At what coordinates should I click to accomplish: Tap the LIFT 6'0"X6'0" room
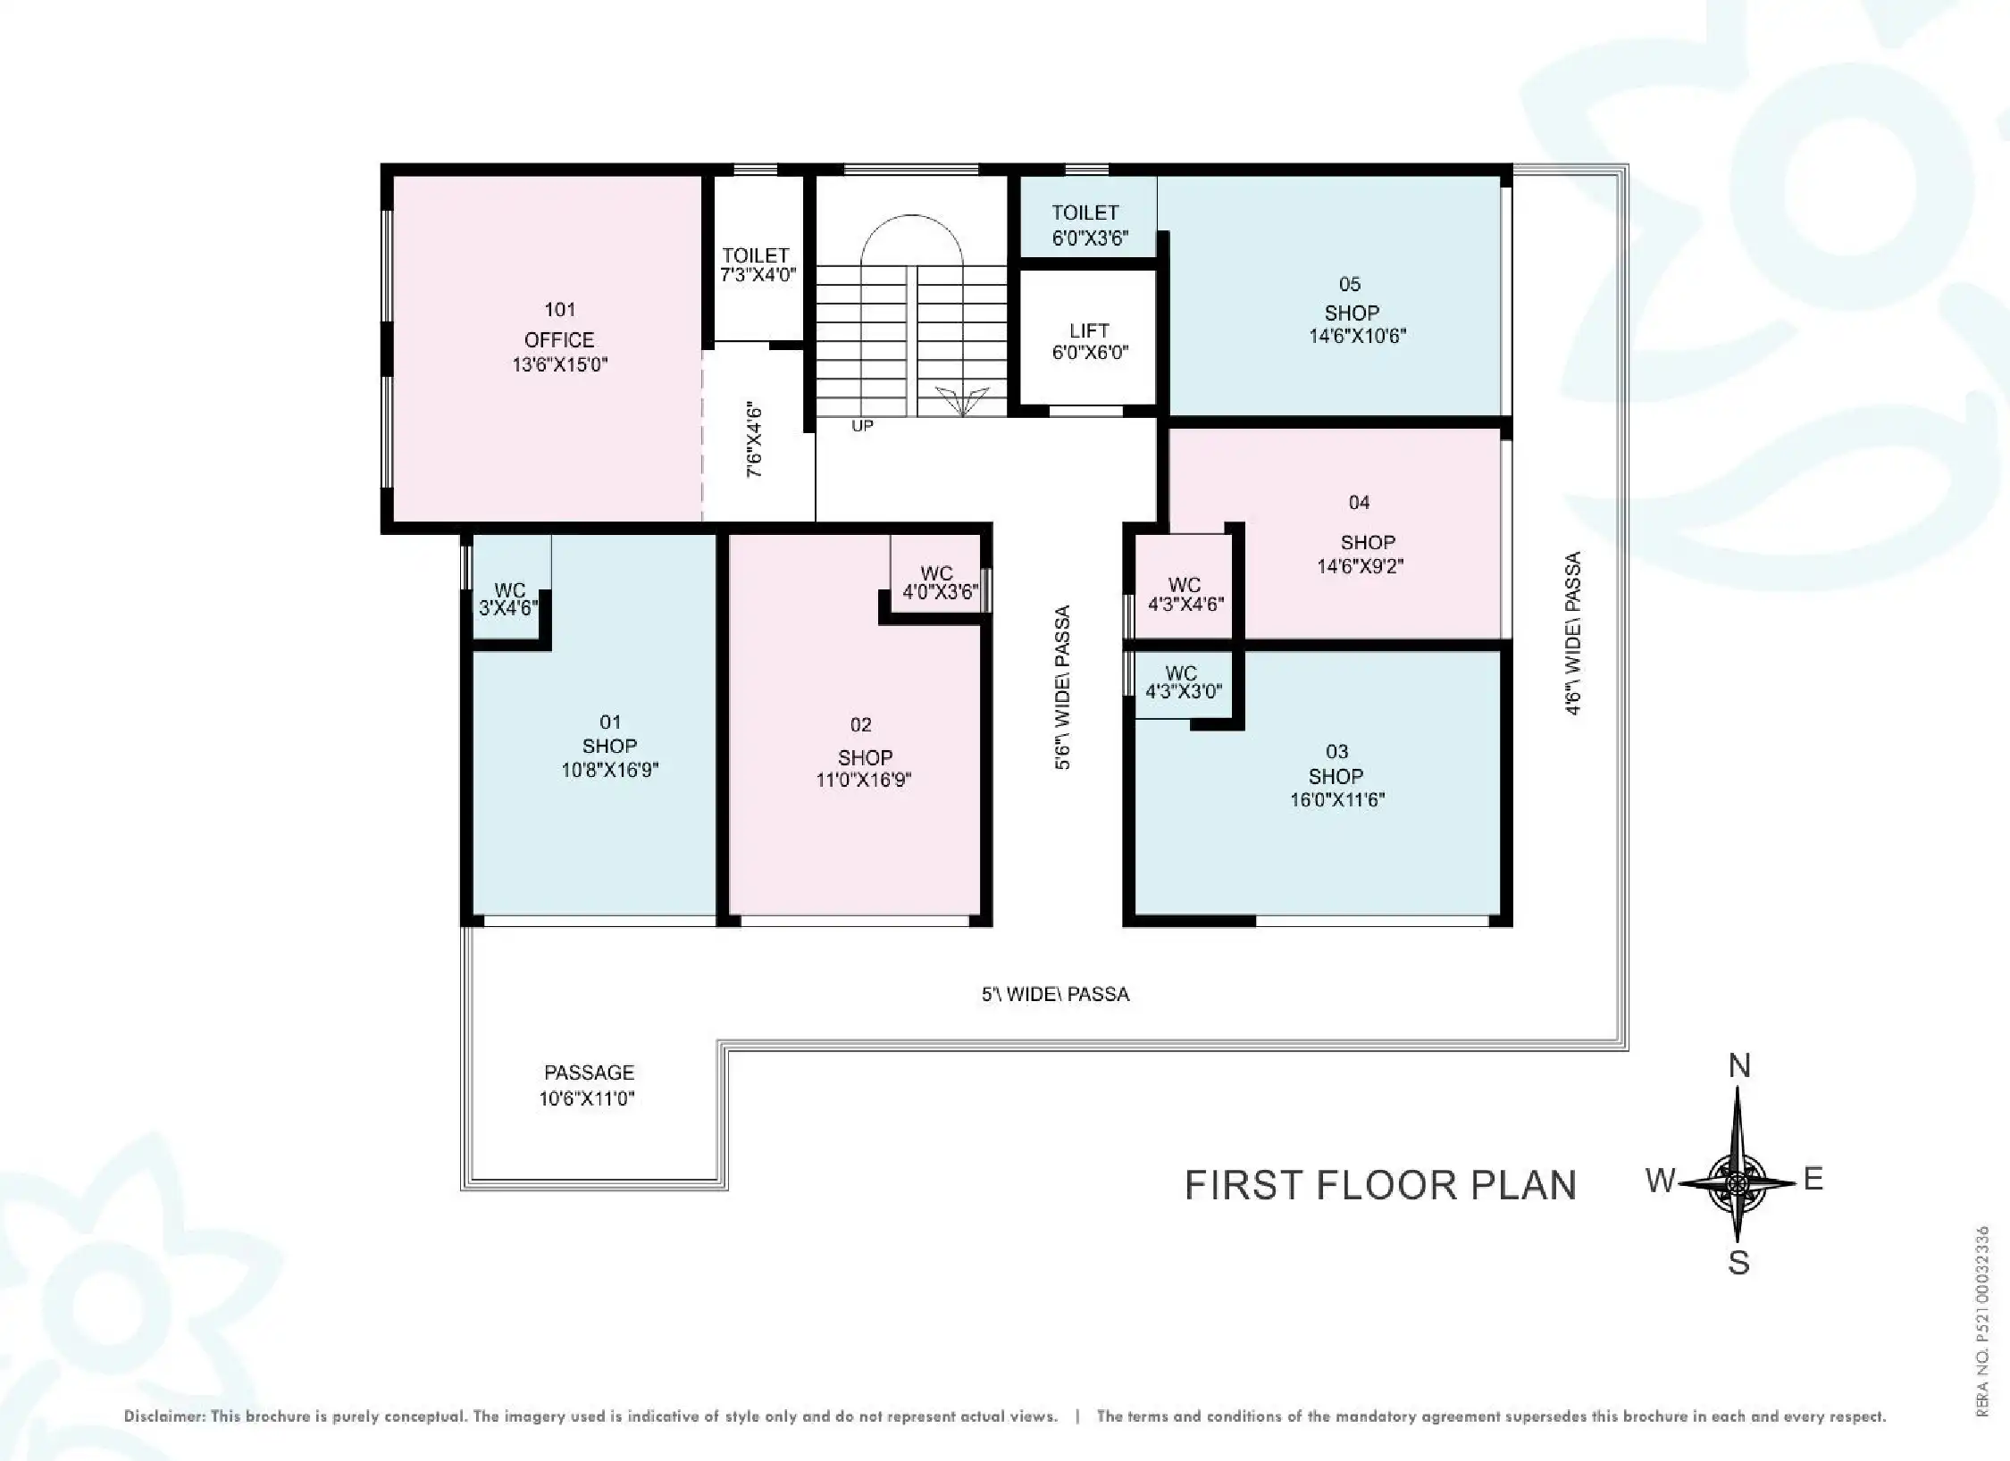[x=1089, y=341]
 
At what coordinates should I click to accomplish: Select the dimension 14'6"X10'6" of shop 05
[x=1358, y=337]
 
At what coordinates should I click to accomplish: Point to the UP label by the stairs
[x=862, y=426]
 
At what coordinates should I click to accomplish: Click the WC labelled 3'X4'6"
[x=509, y=599]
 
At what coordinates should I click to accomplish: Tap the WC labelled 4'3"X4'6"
[x=1185, y=594]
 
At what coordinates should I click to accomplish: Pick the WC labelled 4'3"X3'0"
[x=1183, y=682]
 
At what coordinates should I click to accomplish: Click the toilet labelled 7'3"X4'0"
[x=757, y=265]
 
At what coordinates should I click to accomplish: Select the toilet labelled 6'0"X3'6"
[x=1088, y=225]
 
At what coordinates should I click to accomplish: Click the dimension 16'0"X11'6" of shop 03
[x=1336, y=800]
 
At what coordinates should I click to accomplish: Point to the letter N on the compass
[x=1738, y=1065]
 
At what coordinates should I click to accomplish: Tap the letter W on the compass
[x=1660, y=1181]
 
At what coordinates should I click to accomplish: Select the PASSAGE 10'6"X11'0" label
[x=588, y=1085]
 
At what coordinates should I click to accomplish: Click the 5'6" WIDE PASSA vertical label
[x=1062, y=688]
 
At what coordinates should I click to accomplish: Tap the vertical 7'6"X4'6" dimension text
[x=756, y=438]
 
